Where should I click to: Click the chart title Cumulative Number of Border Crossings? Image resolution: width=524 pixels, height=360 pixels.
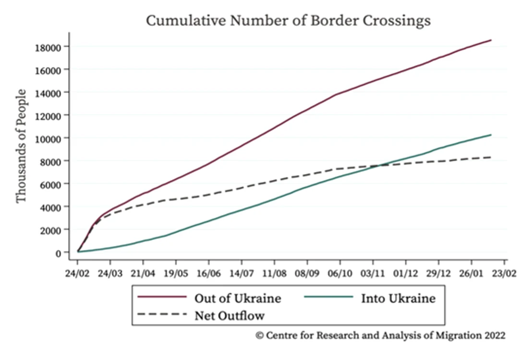[x=288, y=20]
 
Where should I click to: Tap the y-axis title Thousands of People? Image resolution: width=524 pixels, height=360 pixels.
[x=21, y=146]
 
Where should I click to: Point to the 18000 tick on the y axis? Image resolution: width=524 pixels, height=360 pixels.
[x=48, y=48]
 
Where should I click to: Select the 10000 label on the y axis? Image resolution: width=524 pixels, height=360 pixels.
[x=48, y=139]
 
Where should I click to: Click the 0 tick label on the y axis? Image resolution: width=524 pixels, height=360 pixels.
[x=59, y=253]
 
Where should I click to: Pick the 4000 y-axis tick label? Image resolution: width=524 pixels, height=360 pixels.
[x=51, y=207]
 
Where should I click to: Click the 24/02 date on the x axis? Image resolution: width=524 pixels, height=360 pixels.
[x=77, y=274]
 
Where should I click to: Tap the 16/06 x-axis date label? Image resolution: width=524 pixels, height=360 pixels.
[x=209, y=274]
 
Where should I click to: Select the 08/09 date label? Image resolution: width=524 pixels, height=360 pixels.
[x=307, y=274]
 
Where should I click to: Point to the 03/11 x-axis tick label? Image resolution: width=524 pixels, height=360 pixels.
[x=373, y=274]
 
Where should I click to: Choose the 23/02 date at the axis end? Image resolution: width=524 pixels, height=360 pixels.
[x=504, y=274]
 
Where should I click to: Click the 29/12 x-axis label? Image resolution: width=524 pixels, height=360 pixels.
[x=439, y=274]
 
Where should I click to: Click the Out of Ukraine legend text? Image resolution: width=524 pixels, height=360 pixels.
[x=238, y=298]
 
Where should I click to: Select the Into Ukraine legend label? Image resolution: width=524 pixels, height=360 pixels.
[x=398, y=298]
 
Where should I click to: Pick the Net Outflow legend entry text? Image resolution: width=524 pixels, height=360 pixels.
[x=230, y=315]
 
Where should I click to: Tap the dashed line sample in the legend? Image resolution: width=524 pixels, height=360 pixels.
[x=162, y=314]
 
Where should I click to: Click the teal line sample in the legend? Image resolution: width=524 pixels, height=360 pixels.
[x=329, y=297]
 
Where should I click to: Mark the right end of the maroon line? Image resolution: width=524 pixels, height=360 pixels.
[x=491, y=40]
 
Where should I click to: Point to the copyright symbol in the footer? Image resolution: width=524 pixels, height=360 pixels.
[x=259, y=336]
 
